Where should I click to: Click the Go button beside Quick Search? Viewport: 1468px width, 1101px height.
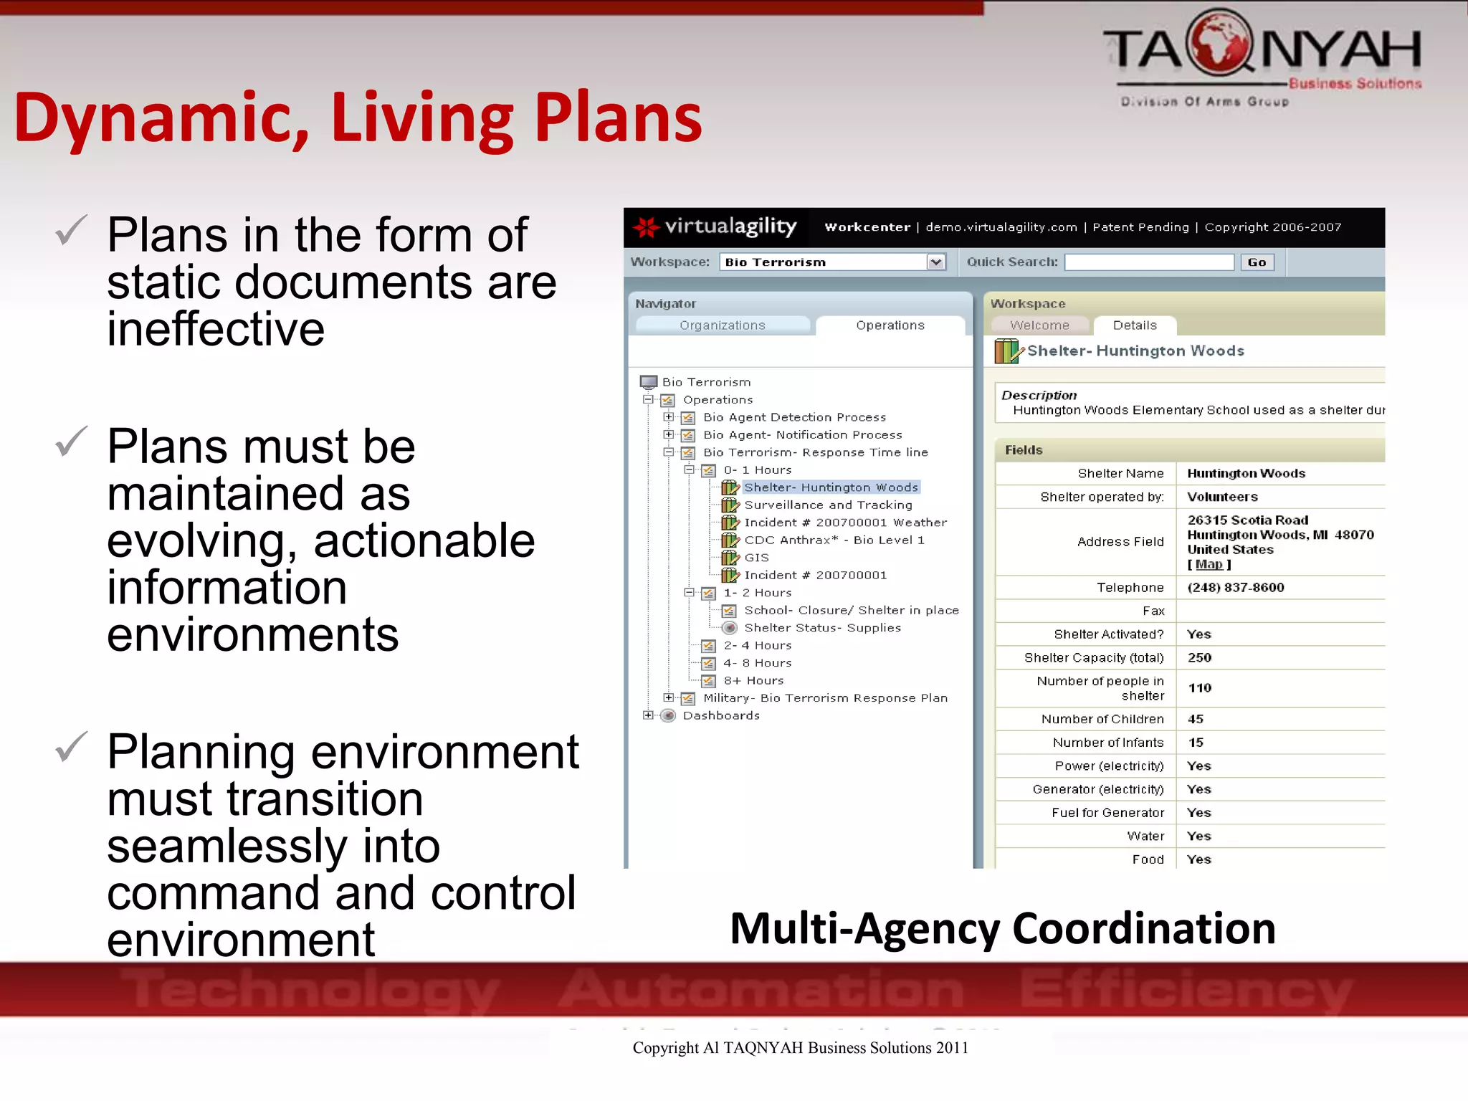[x=1257, y=262]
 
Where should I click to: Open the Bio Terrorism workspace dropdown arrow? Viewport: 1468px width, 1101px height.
[x=935, y=262]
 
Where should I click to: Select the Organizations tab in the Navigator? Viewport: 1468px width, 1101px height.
[x=722, y=325]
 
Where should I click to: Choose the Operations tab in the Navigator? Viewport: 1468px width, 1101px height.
[x=890, y=325]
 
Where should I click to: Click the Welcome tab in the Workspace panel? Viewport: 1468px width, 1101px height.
[x=1039, y=325]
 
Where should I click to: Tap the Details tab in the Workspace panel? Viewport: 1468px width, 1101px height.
[x=1135, y=325]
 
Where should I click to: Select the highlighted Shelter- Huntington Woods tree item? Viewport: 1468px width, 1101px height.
[x=831, y=487]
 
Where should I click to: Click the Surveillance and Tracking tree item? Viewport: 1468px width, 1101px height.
[x=828, y=505]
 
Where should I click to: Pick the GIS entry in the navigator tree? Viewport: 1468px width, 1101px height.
[x=756, y=558]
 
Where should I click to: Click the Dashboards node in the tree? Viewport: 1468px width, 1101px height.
[x=721, y=715]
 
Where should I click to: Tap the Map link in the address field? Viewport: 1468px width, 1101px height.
[x=1209, y=565]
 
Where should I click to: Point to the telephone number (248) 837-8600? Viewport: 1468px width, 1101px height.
[x=1236, y=588]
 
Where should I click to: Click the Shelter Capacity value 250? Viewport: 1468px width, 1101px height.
[x=1199, y=658]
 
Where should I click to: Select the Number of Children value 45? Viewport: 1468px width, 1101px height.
[x=1196, y=719]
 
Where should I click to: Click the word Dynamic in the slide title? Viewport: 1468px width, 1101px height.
[x=161, y=118]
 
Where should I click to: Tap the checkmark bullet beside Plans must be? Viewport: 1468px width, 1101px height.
[x=72, y=442]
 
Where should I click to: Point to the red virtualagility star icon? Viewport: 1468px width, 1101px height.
[x=647, y=227]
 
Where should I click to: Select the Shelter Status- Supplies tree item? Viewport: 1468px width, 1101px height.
[x=822, y=628]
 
